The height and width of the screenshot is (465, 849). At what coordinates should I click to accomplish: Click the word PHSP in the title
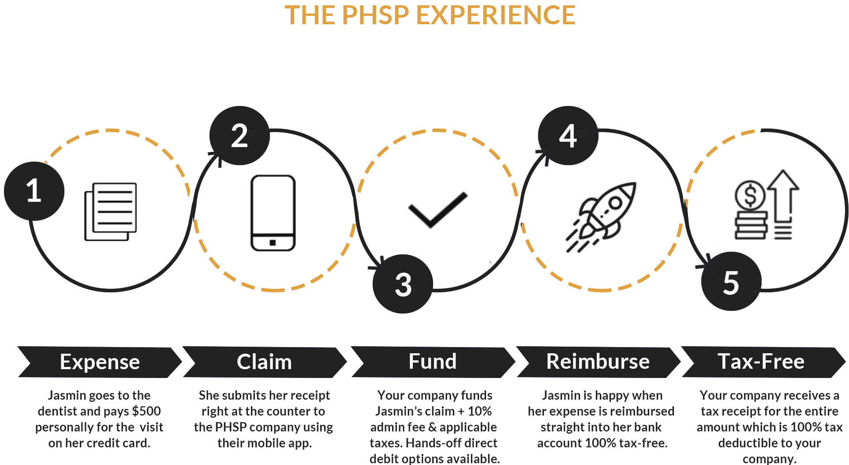click(375, 15)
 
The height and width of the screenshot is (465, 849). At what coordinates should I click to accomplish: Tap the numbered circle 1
click(34, 191)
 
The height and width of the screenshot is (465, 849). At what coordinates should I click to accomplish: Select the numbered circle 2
click(239, 136)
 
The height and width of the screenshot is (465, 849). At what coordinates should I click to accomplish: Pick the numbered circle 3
click(403, 284)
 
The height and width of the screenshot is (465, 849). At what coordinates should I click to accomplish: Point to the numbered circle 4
click(568, 136)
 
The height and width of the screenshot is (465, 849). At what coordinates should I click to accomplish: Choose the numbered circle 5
click(731, 282)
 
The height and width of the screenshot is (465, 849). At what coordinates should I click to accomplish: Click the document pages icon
click(110, 212)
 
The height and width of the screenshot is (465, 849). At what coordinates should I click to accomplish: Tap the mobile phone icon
click(273, 213)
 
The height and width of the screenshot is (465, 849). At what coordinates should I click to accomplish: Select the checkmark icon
click(438, 210)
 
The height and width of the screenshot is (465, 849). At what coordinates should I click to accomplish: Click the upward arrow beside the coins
click(783, 194)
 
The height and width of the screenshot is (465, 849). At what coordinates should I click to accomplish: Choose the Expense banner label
click(100, 362)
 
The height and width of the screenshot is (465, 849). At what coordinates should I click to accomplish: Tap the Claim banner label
click(264, 362)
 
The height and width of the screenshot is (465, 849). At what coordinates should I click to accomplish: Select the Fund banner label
click(432, 362)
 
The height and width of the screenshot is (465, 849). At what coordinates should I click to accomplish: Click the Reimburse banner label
click(598, 362)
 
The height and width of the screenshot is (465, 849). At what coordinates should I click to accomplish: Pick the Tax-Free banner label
click(761, 362)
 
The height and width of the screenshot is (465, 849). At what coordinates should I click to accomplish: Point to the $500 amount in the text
click(146, 411)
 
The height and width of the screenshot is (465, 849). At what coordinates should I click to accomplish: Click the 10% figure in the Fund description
click(479, 411)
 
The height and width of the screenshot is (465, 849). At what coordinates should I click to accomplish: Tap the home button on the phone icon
click(273, 242)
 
